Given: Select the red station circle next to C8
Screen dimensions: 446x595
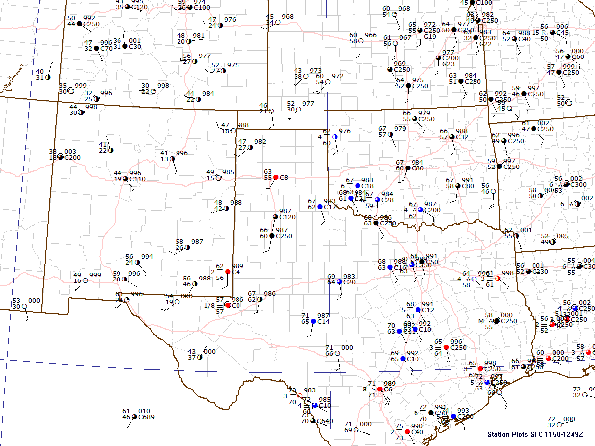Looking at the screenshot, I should click(276, 177).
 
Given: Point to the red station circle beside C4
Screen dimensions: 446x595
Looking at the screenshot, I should click(228, 272).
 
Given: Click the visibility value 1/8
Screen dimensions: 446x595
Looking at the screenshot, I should click(209, 306).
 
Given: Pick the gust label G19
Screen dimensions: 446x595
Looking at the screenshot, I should click(430, 36).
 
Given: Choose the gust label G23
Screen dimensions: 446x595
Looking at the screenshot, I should click(448, 64).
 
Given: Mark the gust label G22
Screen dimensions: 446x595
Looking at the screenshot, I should click(486, 44).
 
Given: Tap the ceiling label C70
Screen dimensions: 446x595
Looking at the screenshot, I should click(106, 48).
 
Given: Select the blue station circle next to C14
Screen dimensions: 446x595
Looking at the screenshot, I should click(313, 322).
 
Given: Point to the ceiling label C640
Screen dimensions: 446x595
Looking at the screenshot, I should click(325, 421).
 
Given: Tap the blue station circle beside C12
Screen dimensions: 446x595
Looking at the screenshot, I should click(418, 310).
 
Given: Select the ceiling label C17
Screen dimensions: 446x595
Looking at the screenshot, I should click(330, 207).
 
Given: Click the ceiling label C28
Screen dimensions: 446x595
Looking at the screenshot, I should click(387, 200).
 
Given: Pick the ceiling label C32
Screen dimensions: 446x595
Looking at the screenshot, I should click(462, 137).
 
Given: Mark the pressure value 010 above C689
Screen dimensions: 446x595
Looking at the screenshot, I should click(143, 411).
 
